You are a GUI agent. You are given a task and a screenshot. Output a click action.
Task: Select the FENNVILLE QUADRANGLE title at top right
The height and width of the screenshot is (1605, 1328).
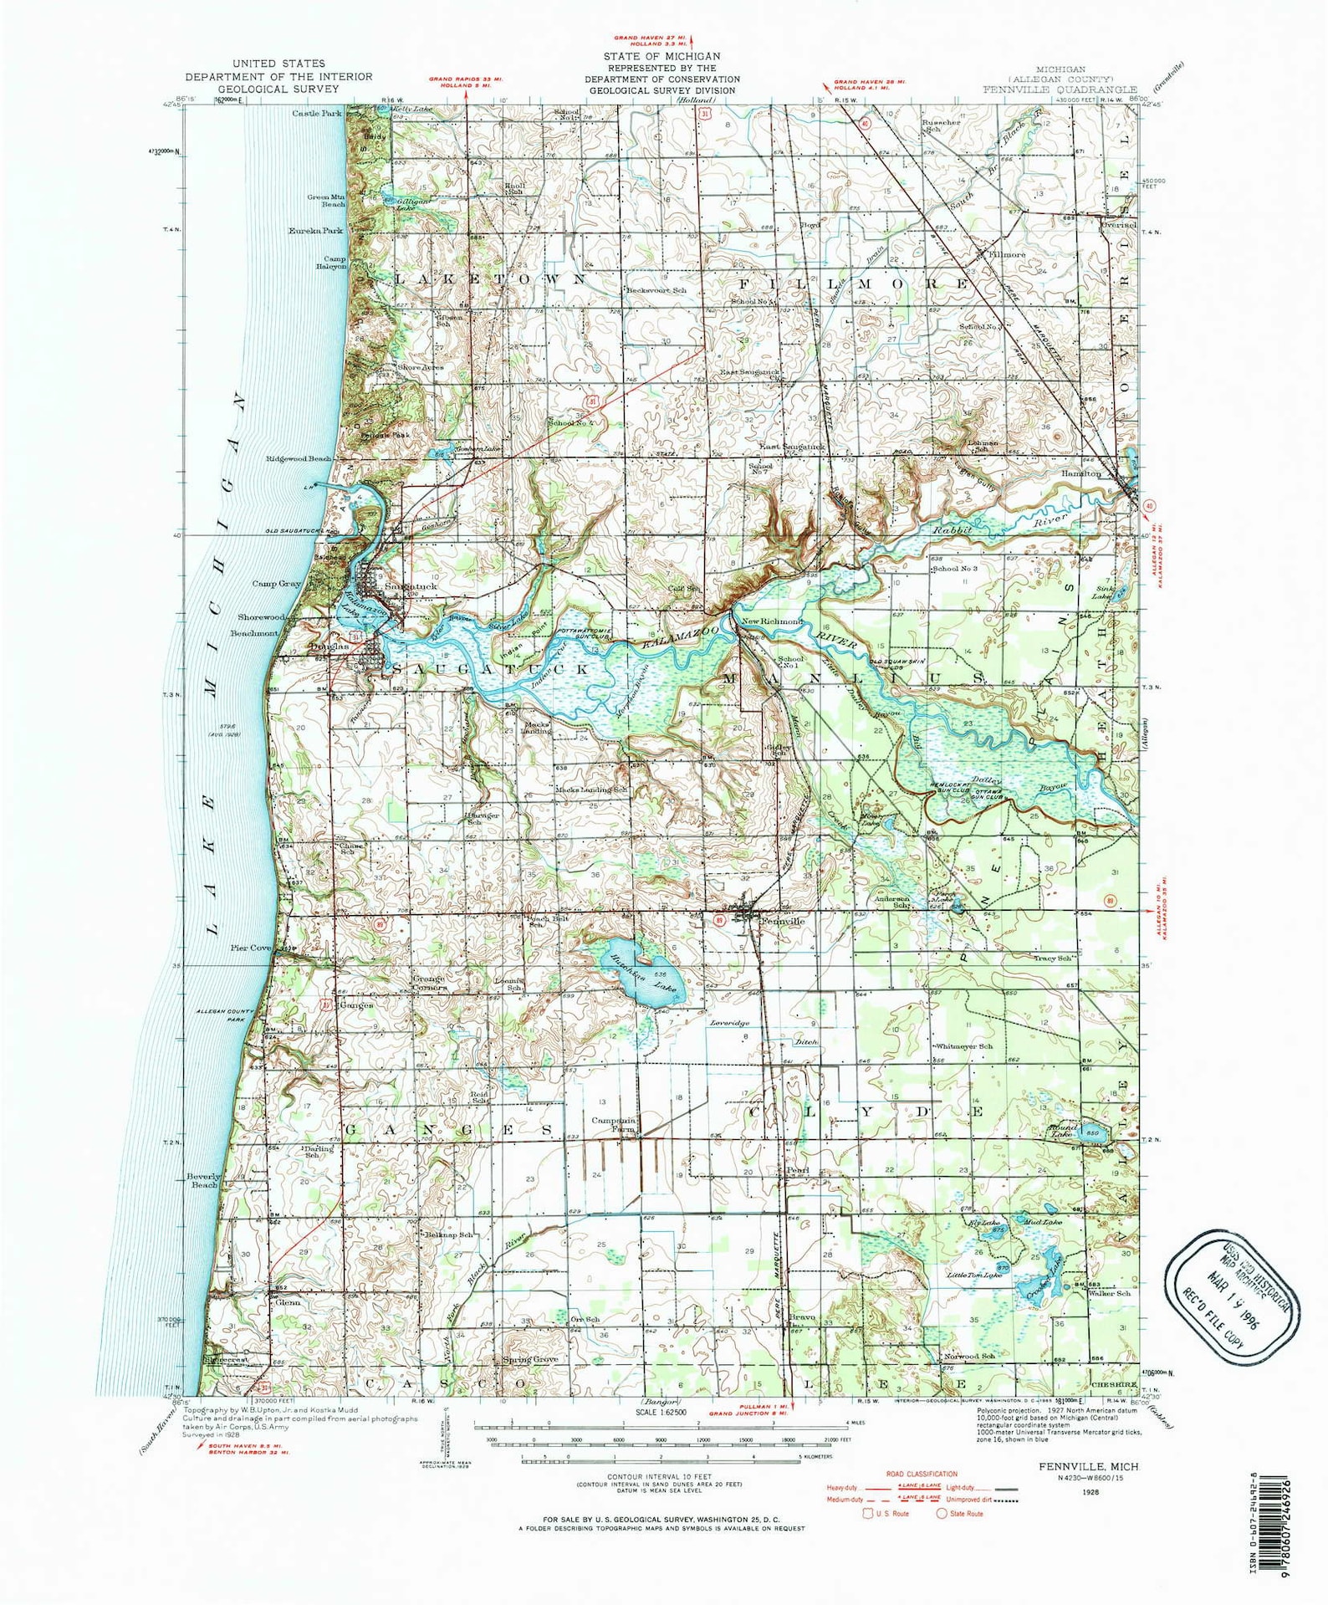(1060, 89)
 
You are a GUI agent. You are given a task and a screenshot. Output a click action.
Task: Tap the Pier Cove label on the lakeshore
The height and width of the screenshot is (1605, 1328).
(251, 948)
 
